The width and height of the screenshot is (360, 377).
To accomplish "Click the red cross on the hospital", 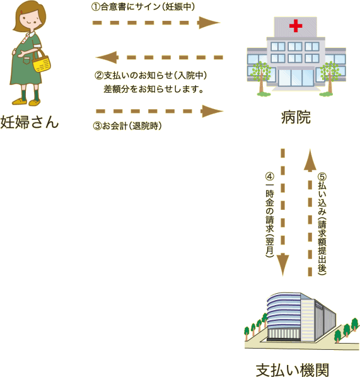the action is [296, 26].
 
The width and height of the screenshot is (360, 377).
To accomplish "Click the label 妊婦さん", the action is [30, 122].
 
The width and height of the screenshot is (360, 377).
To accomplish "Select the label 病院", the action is [296, 117].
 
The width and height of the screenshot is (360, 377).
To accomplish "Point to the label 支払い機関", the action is [293, 371].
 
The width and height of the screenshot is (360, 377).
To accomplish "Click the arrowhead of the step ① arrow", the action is [209, 23].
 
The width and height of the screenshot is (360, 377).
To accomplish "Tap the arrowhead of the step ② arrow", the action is [107, 57].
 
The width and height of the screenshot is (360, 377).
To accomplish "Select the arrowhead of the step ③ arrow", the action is [212, 111].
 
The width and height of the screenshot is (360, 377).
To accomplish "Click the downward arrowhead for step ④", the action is [283, 264].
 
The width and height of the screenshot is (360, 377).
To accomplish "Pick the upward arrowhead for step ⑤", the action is [310, 160].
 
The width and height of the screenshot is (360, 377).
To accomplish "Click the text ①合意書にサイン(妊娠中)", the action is [143, 7].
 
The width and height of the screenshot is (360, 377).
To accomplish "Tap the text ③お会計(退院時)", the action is [127, 125].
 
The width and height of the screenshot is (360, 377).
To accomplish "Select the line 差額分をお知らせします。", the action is [154, 89].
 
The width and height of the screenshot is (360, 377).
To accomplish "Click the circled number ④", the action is [270, 177].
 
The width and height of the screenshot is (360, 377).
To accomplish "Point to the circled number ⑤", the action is [322, 177].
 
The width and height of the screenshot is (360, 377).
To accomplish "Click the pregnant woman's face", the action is [28, 20].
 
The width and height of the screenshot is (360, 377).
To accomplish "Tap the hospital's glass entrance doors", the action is [296, 78].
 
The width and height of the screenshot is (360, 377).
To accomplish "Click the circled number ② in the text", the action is [99, 76].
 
